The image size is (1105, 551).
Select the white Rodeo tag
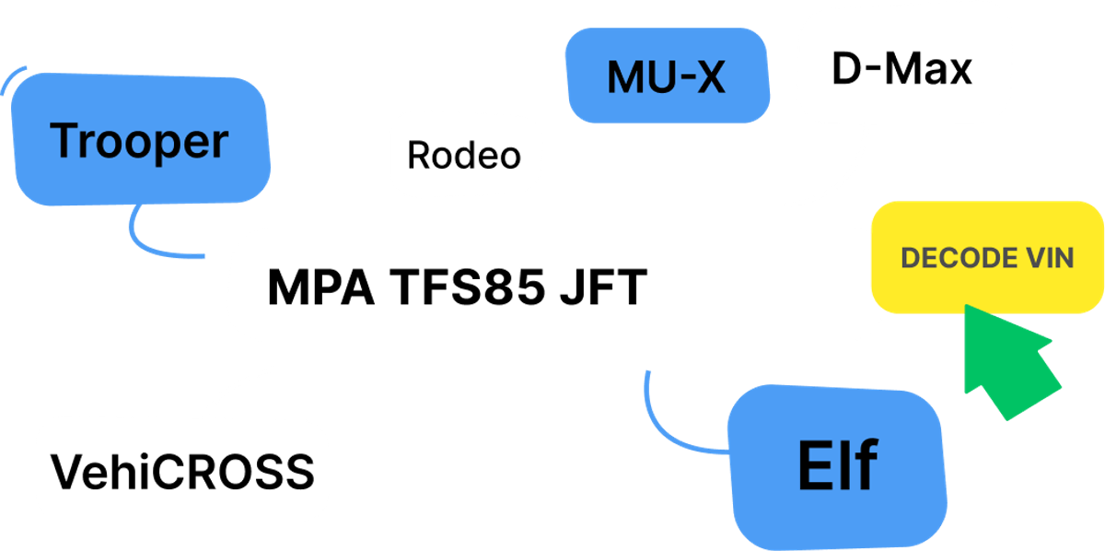click(x=464, y=155)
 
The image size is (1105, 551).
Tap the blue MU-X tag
click(x=666, y=76)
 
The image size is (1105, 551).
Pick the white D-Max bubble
click(x=902, y=69)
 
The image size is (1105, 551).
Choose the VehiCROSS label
click(x=181, y=471)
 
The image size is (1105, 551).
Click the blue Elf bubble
click(x=836, y=465)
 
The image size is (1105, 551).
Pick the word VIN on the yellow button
click(x=1046, y=258)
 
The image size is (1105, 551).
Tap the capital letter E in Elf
click(x=809, y=465)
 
